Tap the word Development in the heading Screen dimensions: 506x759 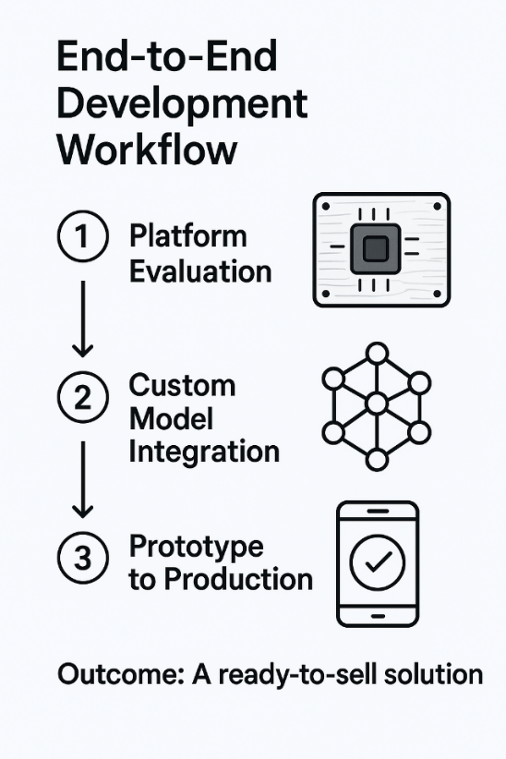click(x=182, y=104)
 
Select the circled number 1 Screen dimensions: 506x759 click(x=83, y=236)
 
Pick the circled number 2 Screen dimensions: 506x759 click(x=83, y=397)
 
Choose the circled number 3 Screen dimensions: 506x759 click(x=83, y=557)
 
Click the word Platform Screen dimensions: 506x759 click(x=187, y=236)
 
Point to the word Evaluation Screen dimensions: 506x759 click(x=200, y=271)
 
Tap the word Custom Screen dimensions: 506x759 click(x=182, y=385)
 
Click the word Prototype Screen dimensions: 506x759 click(x=196, y=548)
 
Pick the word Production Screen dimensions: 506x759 click(x=238, y=579)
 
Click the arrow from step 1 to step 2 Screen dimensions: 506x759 click(x=83, y=319)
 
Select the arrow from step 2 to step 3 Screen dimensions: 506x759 click(x=83, y=479)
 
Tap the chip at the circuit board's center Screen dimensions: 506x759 click(x=376, y=248)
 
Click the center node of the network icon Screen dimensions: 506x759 click(x=377, y=404)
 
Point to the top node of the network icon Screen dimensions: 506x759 click(x=377, y=354)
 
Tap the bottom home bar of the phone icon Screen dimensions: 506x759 click(x=378, y=616)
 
